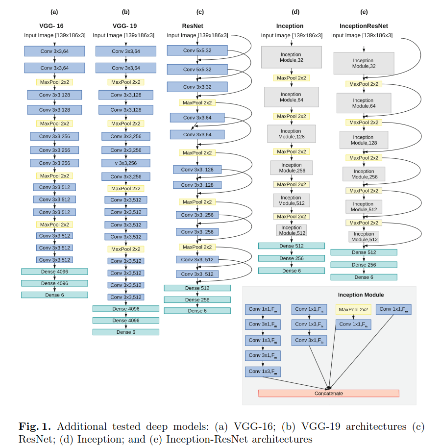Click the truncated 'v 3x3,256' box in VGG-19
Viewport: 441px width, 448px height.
[126, 163]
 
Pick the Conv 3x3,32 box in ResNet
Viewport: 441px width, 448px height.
[197, 87]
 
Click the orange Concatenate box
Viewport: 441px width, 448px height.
[328, 393]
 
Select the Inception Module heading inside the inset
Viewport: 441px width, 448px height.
[361, 295]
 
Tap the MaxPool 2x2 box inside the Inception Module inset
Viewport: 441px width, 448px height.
[353, 309]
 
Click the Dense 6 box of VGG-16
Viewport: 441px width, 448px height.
[54, 295]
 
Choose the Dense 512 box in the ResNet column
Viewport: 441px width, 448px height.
[197, 288]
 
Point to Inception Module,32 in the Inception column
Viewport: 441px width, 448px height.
[291, 57]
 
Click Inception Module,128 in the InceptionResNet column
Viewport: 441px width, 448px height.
[364, 140]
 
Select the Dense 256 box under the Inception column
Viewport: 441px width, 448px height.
[291, 258]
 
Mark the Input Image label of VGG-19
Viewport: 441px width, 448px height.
[123, 35]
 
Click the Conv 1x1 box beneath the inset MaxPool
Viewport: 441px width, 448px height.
[353, 324]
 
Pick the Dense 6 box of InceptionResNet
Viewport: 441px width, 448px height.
[364, 277]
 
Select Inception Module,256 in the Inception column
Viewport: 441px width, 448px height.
[292, 168]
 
